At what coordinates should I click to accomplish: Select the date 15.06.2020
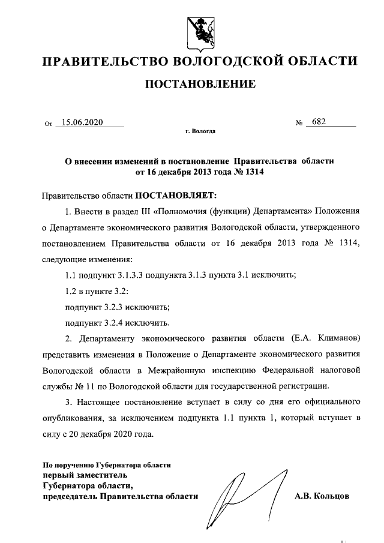click(83, 122)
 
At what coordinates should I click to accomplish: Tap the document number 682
click(319, 122)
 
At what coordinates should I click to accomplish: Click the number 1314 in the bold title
click(253, 172)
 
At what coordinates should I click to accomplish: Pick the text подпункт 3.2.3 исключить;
click(117, 307)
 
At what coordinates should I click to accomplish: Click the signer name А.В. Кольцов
click(322, 496)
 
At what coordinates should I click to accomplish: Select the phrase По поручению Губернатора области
click(107, 464)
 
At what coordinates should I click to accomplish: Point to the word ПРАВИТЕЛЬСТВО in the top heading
click(103, 61)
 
